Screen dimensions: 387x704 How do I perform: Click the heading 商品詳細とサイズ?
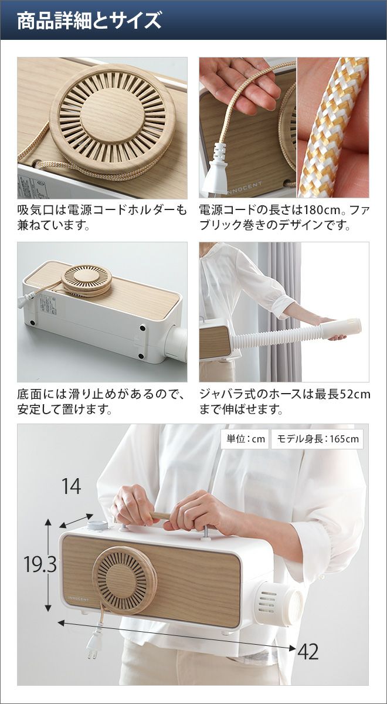(x=89, y=21)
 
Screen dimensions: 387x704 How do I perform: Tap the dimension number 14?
(x=72, y=486)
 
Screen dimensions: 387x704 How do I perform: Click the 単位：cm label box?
(x=245, y=439)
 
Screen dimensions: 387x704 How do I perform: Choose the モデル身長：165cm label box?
(x=317, y=439)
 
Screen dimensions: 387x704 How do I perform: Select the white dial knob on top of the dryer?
(x=97, y=524)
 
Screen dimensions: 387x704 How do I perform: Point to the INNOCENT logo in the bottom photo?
(x=78, y=599)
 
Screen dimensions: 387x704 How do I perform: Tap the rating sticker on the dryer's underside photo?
(x=47, y=306)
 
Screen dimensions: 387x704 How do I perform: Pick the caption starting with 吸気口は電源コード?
(x=102, y=217)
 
